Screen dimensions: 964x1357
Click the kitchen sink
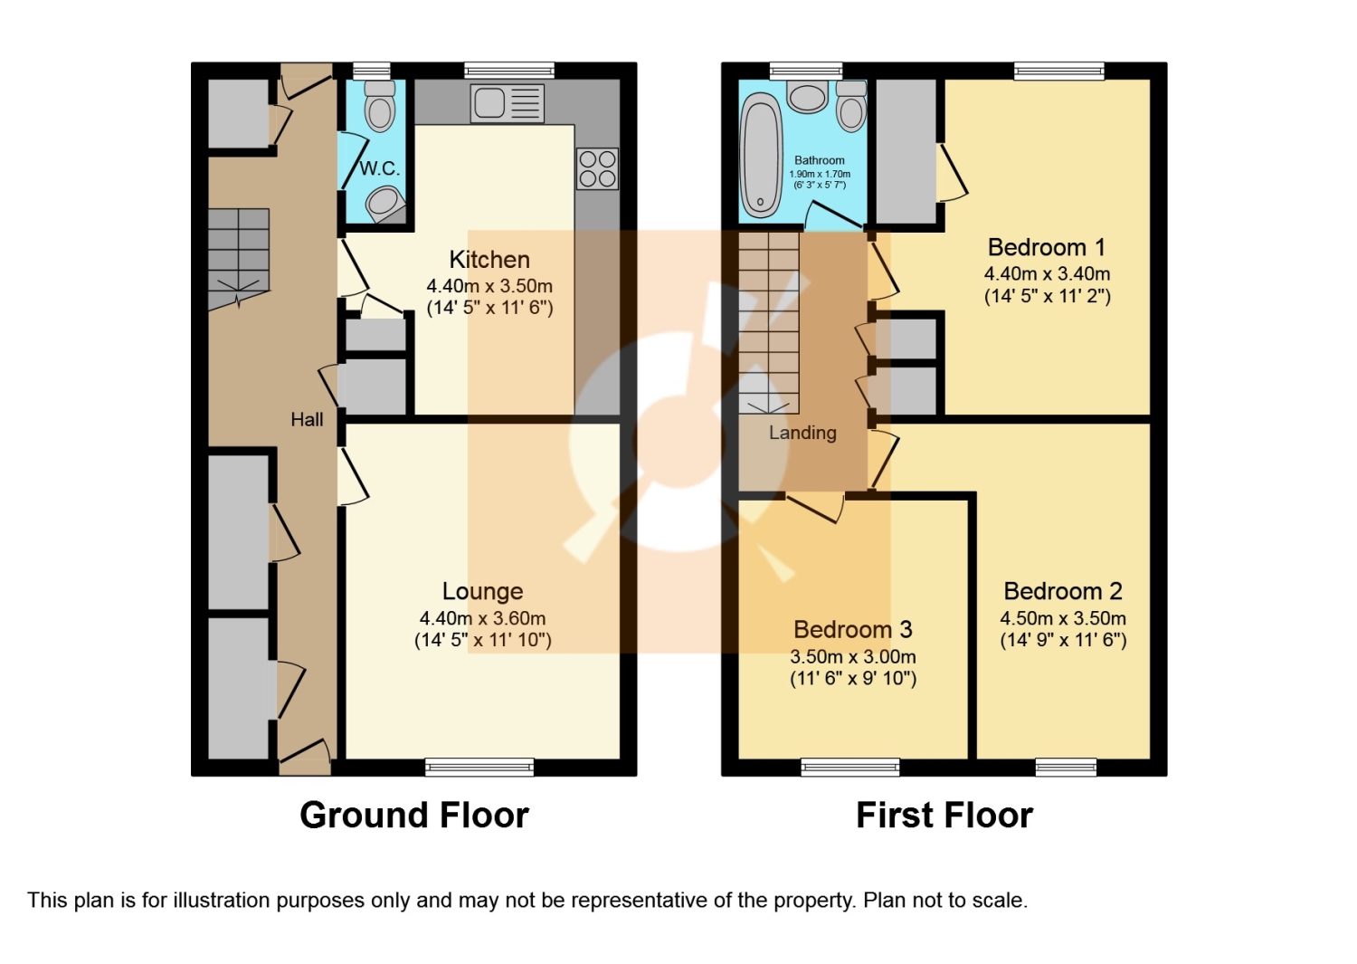507,103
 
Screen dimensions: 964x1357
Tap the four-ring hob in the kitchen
597,168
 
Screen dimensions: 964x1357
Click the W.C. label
379,168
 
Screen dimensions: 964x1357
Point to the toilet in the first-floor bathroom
850,107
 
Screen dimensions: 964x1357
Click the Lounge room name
482,591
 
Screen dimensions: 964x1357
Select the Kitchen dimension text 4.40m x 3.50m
489,286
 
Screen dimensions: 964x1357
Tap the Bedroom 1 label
1047,247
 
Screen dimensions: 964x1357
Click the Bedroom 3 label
852,629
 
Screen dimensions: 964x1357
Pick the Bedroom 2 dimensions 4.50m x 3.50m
1063,618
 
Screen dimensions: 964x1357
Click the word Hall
307,419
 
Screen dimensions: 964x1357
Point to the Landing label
802,433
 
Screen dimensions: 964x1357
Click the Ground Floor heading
413,815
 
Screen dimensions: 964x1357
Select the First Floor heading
944,815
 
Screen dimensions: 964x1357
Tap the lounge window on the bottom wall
479,768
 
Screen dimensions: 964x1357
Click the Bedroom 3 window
850,768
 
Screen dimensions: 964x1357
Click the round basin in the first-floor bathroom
807,96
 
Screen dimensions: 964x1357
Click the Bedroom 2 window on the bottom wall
1066,768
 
